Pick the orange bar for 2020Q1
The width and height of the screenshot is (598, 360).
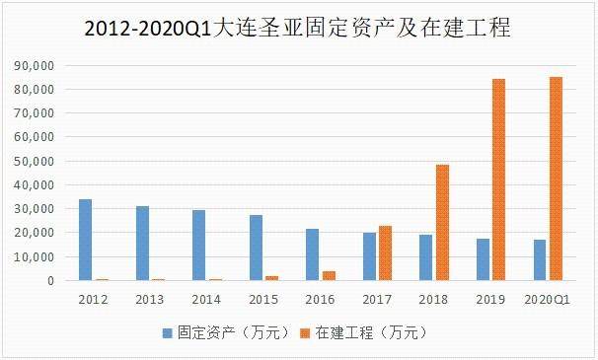pos(556,179)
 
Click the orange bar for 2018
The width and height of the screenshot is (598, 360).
pos(442,222)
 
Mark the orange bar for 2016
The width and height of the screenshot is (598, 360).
pos(329,275)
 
